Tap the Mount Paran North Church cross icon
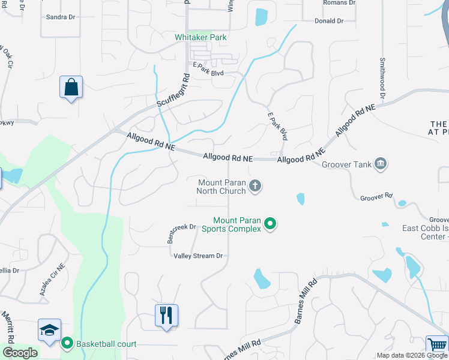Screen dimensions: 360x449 [255, 186]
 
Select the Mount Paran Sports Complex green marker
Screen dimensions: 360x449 [270, 224]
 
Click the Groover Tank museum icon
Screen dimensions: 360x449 [380, 164]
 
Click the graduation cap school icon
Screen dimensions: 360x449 [49, 329]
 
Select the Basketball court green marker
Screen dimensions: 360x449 [67, 344]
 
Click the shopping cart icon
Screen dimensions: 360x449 [436, 345]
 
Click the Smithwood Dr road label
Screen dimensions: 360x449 [382, 79]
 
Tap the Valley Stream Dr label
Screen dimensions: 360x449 [198, 256]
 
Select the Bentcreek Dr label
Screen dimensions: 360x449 [181, 232]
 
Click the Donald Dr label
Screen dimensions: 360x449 [328, 21]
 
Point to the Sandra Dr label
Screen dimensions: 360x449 [61, 17]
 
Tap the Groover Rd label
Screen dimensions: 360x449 [376, 197]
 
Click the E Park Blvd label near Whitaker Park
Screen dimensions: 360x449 [208, 73]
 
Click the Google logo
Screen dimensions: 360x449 [20, 353]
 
